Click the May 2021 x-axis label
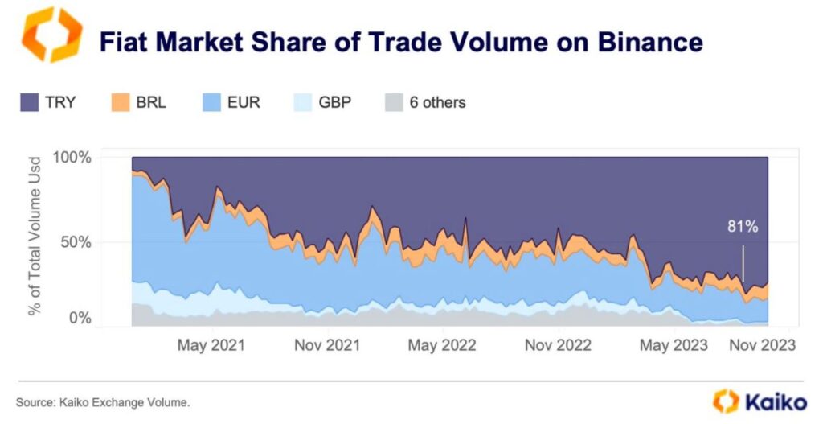pos(211,345)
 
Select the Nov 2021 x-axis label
pos(326,345)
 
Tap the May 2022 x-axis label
pos(441,345)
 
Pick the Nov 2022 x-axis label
pos(557,345)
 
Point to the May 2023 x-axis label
pos(674,345)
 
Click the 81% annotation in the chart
pos(743,227)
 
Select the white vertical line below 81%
pos(743,262)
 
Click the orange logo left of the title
pos(51,35)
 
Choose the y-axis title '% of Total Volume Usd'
pos(36,237)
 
